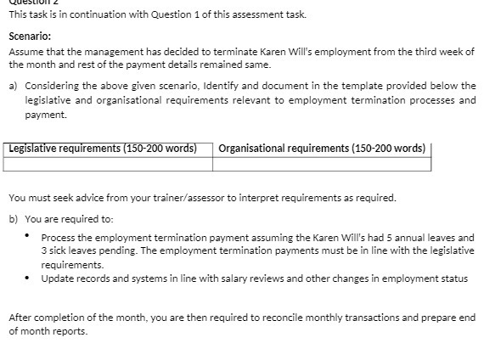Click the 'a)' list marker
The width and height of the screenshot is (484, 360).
(x=14, y=86)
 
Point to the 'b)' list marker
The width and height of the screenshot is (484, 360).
(x=14, y=218)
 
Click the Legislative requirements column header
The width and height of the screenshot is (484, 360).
(x=103, y=149)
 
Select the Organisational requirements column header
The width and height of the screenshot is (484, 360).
(x=322, y=149)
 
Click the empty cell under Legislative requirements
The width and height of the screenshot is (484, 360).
(x=107, y=164)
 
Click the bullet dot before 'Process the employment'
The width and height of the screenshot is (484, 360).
(x=28, y=236)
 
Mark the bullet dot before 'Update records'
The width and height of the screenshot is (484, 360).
(x=28, y=278)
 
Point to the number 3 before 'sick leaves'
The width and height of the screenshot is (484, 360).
(x=44, y=250)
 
